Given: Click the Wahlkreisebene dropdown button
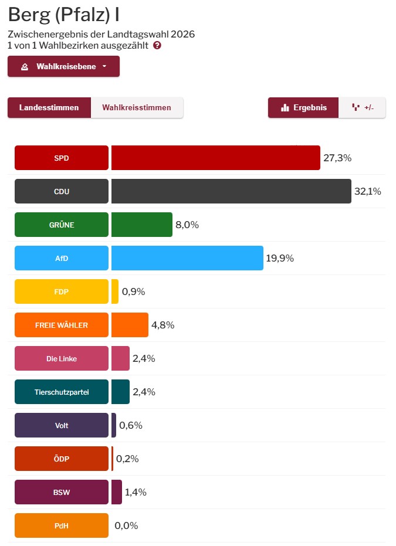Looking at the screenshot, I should (x=63, y=66).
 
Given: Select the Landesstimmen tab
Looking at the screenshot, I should (x=49, y=107).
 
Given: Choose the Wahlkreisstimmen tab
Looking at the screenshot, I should (x=137, y=107).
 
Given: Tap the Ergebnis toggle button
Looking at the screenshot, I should (x=303, y=107).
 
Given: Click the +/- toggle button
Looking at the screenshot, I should (x=363, y=107).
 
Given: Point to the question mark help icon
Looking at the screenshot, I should (x=157, y=45).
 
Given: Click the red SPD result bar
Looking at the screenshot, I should (x=215, y=158).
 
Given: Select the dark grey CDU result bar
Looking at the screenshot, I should (x=231, y=191).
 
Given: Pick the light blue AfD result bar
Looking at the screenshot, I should (x=187, y=258).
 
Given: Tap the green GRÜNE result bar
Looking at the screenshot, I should (x=141, y=225).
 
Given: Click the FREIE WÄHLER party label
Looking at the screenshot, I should (x=62, y=325).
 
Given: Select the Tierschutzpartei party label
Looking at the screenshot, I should (x=62, y=392).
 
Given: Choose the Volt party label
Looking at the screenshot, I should (x=62, y=425).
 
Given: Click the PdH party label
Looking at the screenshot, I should (x=62, y=525).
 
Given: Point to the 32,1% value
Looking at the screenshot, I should (x=368, y=191).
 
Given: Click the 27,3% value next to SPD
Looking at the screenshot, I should (x=337, y=158).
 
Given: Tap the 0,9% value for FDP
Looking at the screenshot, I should (x=133, y=291).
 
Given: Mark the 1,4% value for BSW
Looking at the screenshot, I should (x=136, y=492).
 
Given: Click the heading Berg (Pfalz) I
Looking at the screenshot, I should (x=64, y=15).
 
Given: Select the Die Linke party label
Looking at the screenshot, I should (x=62, y=358).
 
